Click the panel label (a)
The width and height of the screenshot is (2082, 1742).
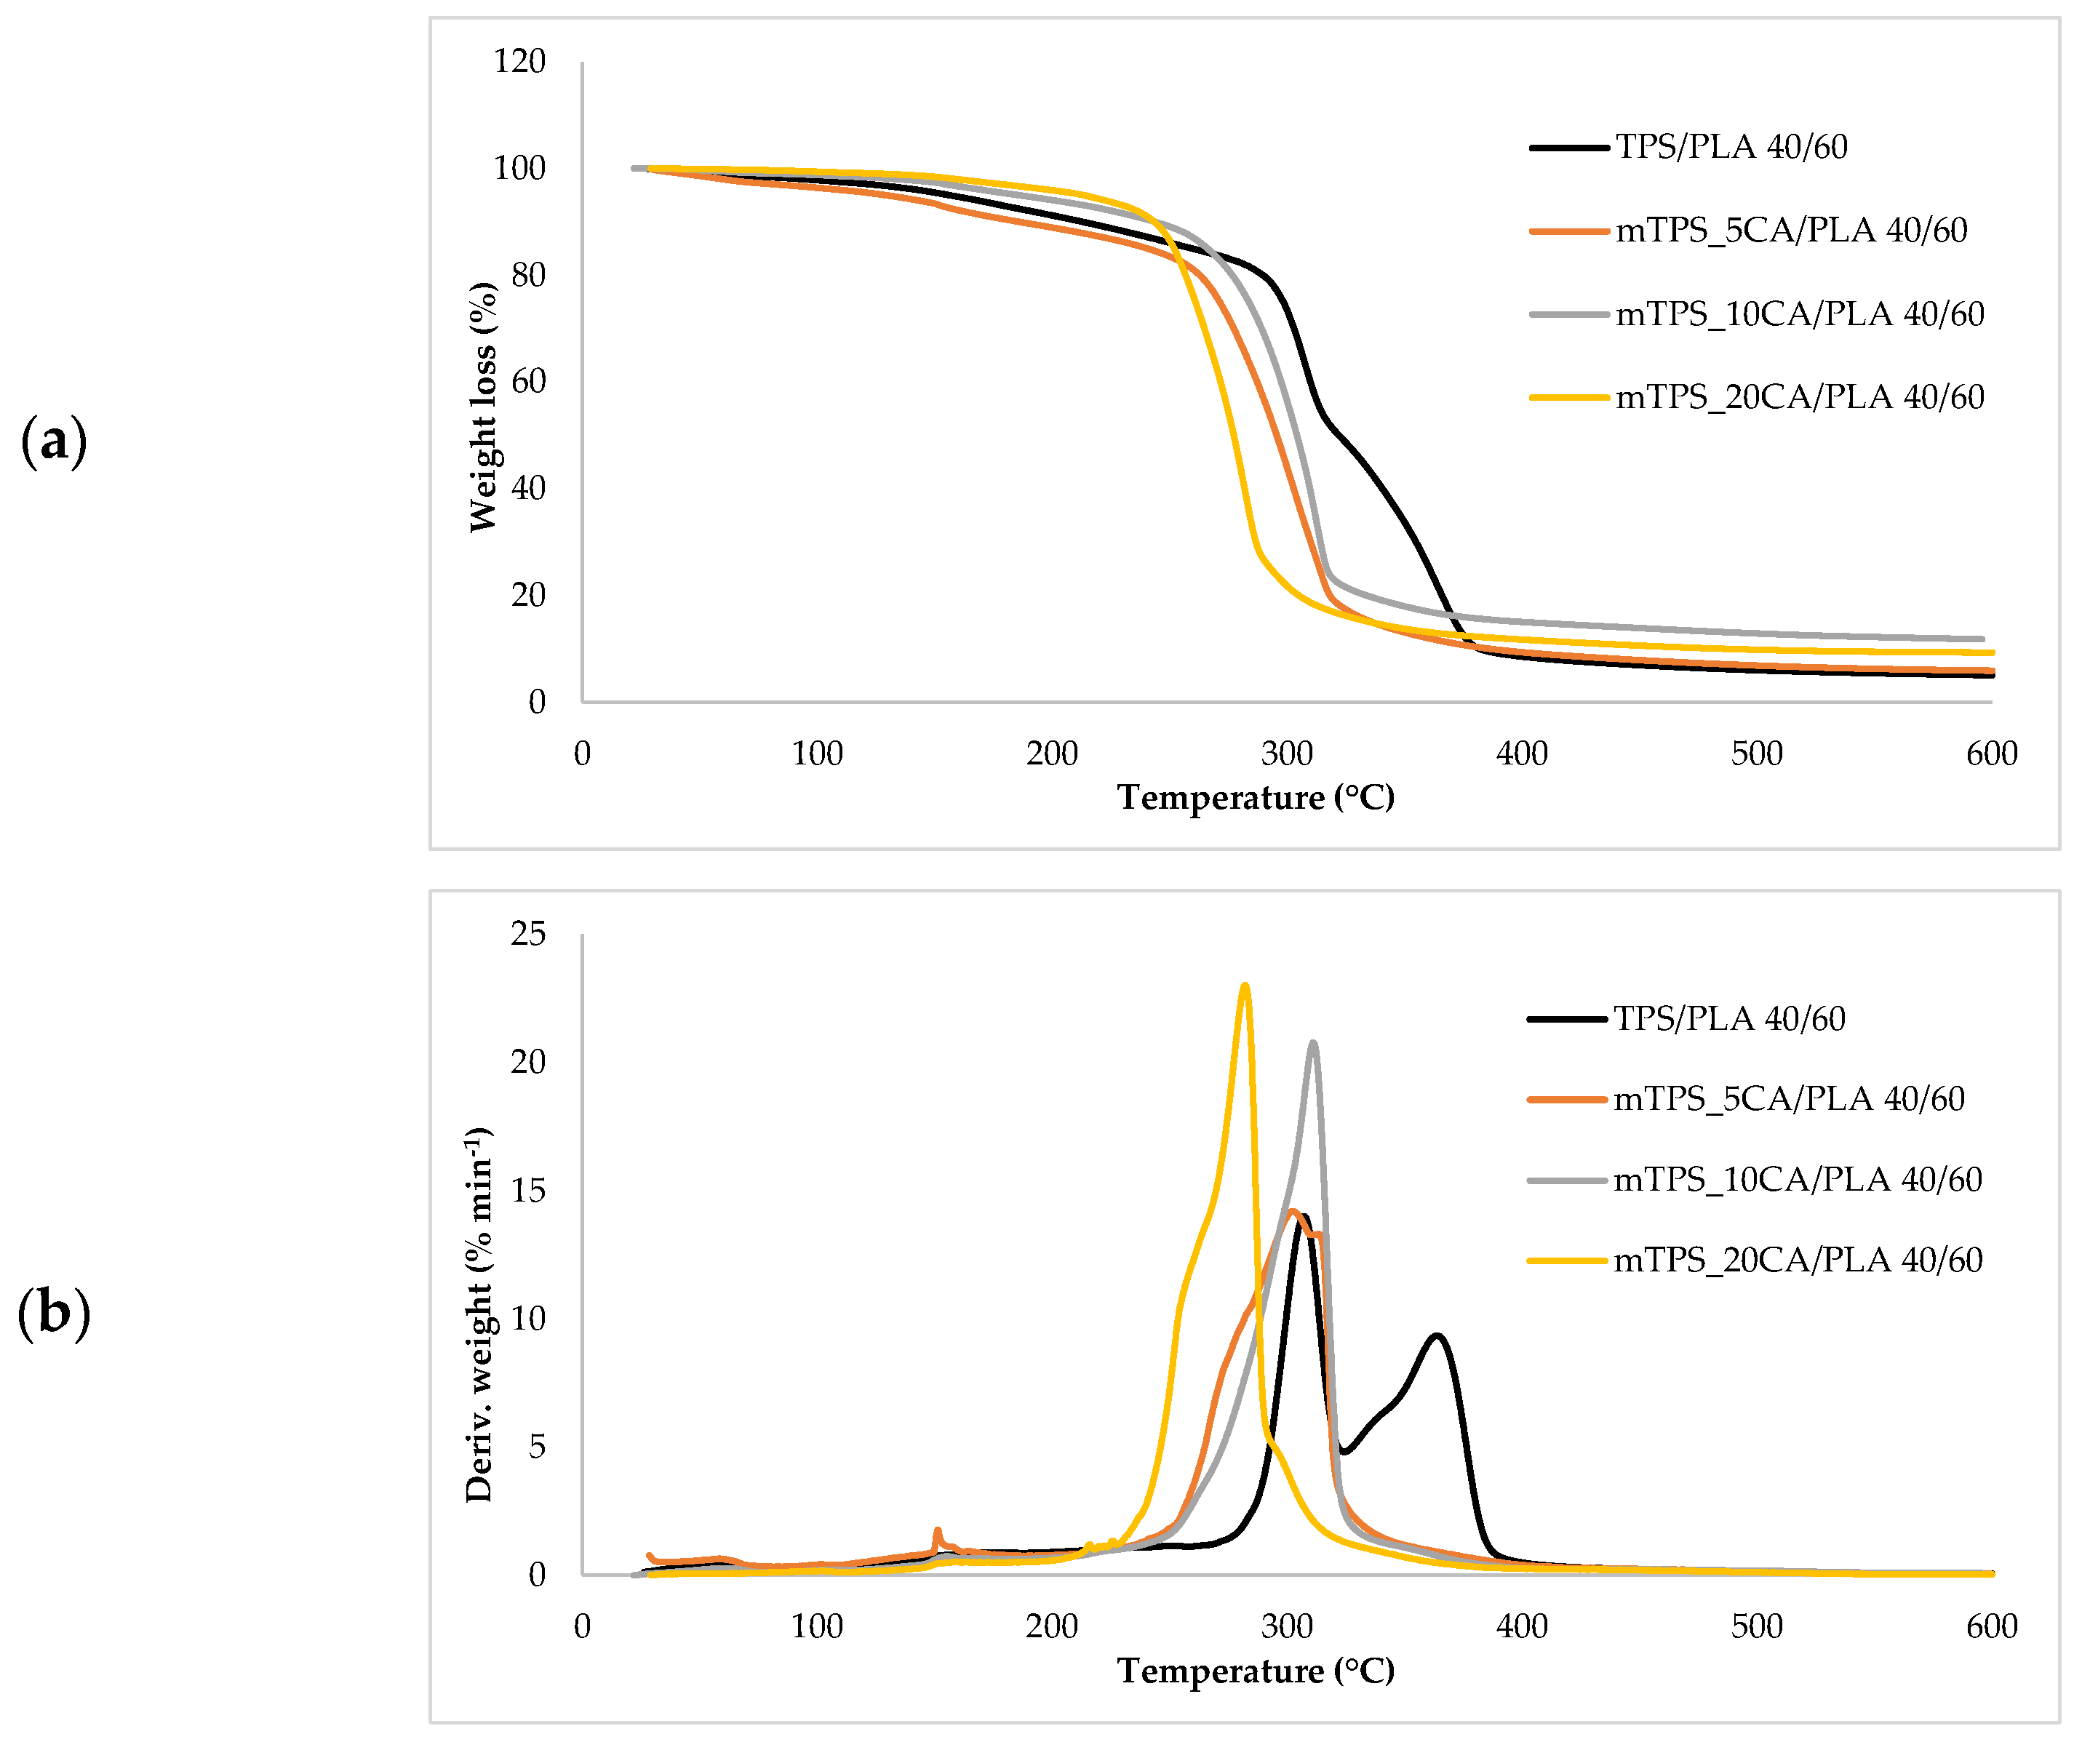(54, 442)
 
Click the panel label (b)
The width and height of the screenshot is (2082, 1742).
(54, 1313)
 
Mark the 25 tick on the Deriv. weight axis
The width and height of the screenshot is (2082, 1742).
(527, 933)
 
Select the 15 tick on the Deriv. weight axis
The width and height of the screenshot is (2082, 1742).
(527, 1190)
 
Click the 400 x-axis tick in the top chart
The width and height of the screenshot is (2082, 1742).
(1522, 754)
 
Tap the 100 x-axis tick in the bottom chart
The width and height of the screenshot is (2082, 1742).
(817, 1627)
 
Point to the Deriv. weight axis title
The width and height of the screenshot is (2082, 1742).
(479, 1314)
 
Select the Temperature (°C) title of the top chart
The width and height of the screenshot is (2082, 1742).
(1255, 798)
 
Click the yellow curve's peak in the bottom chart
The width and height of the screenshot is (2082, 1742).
(1245, 986)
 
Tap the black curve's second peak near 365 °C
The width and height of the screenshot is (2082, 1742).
(1435, 1335)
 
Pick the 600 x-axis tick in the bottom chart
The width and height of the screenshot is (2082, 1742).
(1991, 1627)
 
